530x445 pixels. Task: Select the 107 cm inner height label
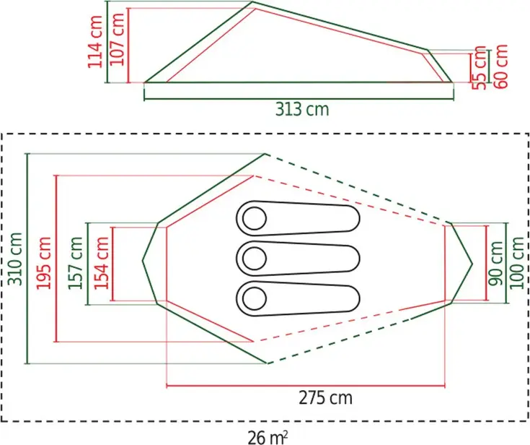click(x=118, y=39)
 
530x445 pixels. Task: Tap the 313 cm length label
click(x=301, y=109)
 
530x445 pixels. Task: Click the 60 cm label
click(x=501, y=66)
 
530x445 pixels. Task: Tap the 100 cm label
click(x=517, y=263)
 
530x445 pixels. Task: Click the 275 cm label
click(x=326, y=398)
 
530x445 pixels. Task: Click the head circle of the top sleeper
click(x=254, y=217)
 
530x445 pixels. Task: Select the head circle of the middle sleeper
click(x=254, y=256)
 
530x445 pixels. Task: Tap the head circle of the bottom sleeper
click(x=254, y=296)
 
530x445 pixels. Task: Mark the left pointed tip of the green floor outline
click(x=143, y=258)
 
